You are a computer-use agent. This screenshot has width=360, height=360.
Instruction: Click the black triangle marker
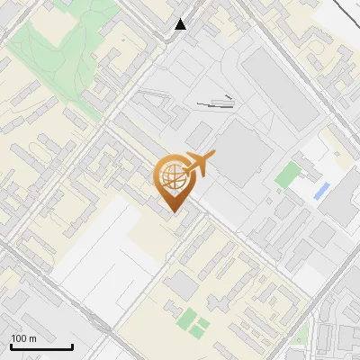(x=181, y=24)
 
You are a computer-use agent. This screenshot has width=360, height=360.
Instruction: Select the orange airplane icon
(x=199, y=162)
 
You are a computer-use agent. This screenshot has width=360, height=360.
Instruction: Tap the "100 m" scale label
(x=24, y=338)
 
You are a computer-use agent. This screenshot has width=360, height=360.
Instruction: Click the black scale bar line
(x=41, y=346)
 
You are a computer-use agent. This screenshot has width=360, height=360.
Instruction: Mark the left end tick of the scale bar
(x=11, y=345)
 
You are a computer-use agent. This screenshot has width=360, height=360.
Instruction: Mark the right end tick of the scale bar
(x=72, y=345)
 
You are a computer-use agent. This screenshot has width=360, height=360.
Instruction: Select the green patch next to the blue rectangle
(x=286, y=174)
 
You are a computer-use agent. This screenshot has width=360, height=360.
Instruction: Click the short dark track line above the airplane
(x=217, y=103)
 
